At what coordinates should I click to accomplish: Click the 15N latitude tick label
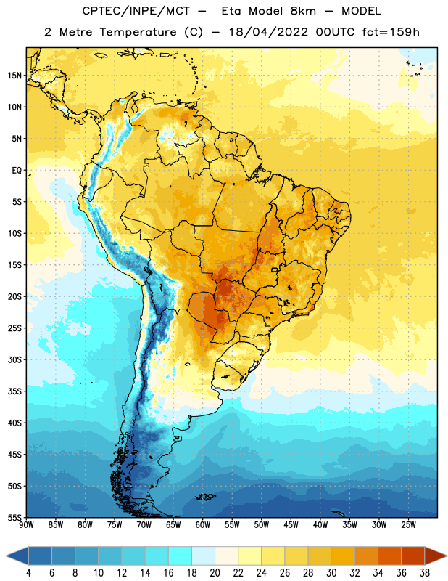pyautogui.click(x=14, y=76)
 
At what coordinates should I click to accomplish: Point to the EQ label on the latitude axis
pyautogui.click(x=17, y=171)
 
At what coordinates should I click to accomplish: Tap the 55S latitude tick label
pyautogui.click(x=14, y=518)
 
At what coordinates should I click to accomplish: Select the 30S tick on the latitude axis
pyautogui.click(x=14, y=359)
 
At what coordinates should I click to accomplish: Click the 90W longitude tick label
pyautogui.click(x=26, y=525)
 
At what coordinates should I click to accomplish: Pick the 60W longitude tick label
pyautogui.click(x=203, y=525)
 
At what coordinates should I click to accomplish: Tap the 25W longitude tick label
pyautogui.click(x=408, y=525)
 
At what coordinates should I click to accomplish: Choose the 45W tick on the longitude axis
pyautogui.click(x=291, y=525)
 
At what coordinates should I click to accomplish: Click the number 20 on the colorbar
pyautogui.click(x=215, y=573)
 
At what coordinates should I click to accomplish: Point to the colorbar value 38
pyautogui.click(x=425, y=573)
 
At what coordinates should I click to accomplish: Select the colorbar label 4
pyautogui.click(x=28, y=573)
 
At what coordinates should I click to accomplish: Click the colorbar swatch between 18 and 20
pyautogui.click(x=203, y=556)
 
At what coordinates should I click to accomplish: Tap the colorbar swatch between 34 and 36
pyautogui.click(x=389, y=556)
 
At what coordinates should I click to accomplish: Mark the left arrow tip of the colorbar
pyautogui.click(x=6, y=556)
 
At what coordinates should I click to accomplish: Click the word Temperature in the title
pyautogui.click(x=138, y=32)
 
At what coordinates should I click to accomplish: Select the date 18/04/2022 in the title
pyautogui.click(x=268, y=32)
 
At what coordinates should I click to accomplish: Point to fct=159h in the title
pyautogui.click(x=391, y=32)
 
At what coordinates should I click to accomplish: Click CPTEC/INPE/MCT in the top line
pyautogui.click(x=136, y=11)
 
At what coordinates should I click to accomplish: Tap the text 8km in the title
pyautogui.click(x=303, y=11)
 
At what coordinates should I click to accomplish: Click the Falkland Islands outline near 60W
pyautogui.click(x=205, y=497)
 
